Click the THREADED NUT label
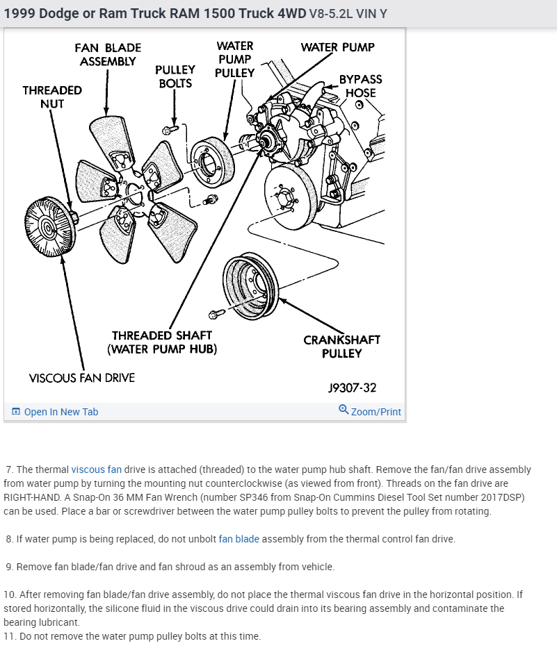click(x=52, y=97)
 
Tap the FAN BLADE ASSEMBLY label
click(x=108, y=54)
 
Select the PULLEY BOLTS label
click(x=175, y=76)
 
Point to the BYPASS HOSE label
click(x=360, y=86)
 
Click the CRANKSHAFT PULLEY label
click(x=341, y=347)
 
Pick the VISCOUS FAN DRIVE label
click(x=82, y=378)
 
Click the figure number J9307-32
click(x=352, y=388)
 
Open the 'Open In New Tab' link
click(x=61, y=412)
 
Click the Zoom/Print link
click(x=376, y=412)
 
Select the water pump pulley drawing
click(x=212, y=164)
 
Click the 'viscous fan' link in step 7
click(x=96, y=470)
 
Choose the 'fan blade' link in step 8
click(x=239, y=539)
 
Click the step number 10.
click(x=10, y=595)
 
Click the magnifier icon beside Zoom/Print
click(x=344, y=410)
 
